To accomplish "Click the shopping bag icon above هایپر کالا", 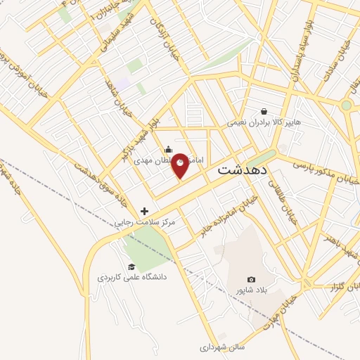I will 264,111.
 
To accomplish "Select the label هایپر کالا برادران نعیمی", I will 264,122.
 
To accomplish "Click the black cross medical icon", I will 145,211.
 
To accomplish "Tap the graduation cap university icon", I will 131,266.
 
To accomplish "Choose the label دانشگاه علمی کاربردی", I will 132,278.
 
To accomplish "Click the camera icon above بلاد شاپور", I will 252,279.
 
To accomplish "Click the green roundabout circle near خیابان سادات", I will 346,105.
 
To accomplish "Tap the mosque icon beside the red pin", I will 168,149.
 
